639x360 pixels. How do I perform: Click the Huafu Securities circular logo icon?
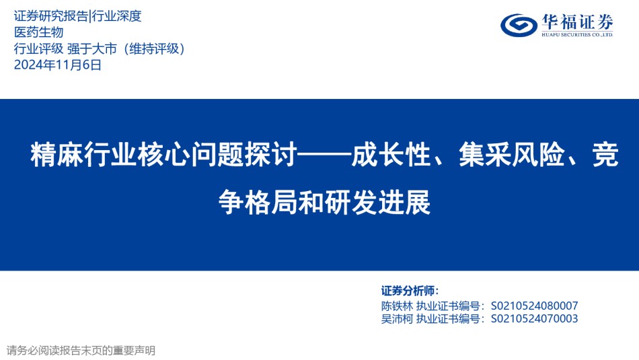click(x=519, y=25)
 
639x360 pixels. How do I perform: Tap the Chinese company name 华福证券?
click(x=578, y=22)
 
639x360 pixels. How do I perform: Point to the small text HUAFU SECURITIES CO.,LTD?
click(x=578, y=35)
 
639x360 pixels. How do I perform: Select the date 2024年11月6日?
click(x=57, y=65)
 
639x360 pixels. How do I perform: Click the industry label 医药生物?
click(x=39, y=32)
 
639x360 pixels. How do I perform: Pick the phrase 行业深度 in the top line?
click(x=116, y=16)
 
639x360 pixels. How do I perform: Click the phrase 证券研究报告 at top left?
click(x=51, y=16)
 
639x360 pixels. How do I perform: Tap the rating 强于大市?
click(x=92, y=48)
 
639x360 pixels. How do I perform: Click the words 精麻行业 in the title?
click(x=83, y=155)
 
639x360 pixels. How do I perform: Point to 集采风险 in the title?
click(x=512, y=155)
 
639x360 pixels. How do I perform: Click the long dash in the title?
click(x=324, y=155)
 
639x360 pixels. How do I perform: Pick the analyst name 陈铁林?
click(x=397, y=305)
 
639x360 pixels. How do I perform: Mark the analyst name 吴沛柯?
click(x=397, y=319)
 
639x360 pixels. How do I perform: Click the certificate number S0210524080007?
click(x=534, y=305)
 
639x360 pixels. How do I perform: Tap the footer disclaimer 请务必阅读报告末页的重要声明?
click(x=81, y=351)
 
